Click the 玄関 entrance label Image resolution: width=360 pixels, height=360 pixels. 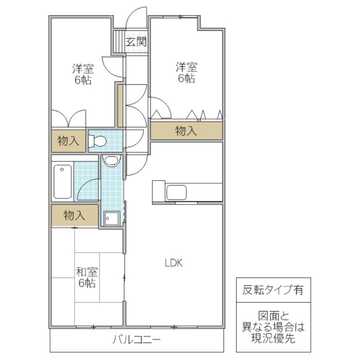136,42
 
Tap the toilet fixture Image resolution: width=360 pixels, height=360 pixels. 97,140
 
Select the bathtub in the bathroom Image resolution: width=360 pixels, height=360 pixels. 62,181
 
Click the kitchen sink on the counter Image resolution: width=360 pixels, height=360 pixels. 176,192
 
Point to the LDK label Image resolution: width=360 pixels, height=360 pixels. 173,263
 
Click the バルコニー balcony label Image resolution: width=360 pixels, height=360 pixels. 136,340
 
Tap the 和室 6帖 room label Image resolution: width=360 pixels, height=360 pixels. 87,277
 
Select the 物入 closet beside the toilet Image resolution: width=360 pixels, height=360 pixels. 68,140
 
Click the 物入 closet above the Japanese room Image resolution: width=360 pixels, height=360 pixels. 74,216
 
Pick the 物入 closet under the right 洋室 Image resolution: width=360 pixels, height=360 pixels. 186,130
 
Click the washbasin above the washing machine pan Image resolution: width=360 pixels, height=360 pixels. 112,160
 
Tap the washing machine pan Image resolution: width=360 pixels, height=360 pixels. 111,218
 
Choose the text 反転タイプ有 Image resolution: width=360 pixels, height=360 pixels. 273,290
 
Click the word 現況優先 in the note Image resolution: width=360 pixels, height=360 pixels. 273,337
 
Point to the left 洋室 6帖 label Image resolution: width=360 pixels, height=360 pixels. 83,74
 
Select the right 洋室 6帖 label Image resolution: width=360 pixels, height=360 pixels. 186,72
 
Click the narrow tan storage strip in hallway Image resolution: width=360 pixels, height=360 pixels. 120,105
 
